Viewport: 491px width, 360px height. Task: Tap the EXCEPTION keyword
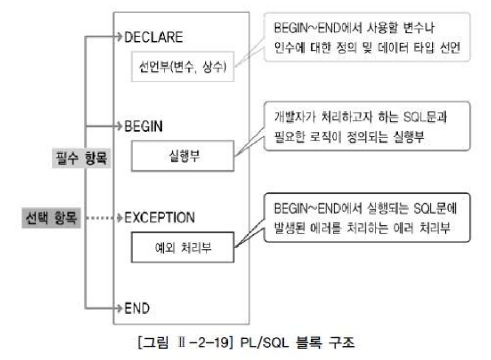tap(159, 217)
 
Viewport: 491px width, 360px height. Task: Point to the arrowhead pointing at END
tap(119, 308)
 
